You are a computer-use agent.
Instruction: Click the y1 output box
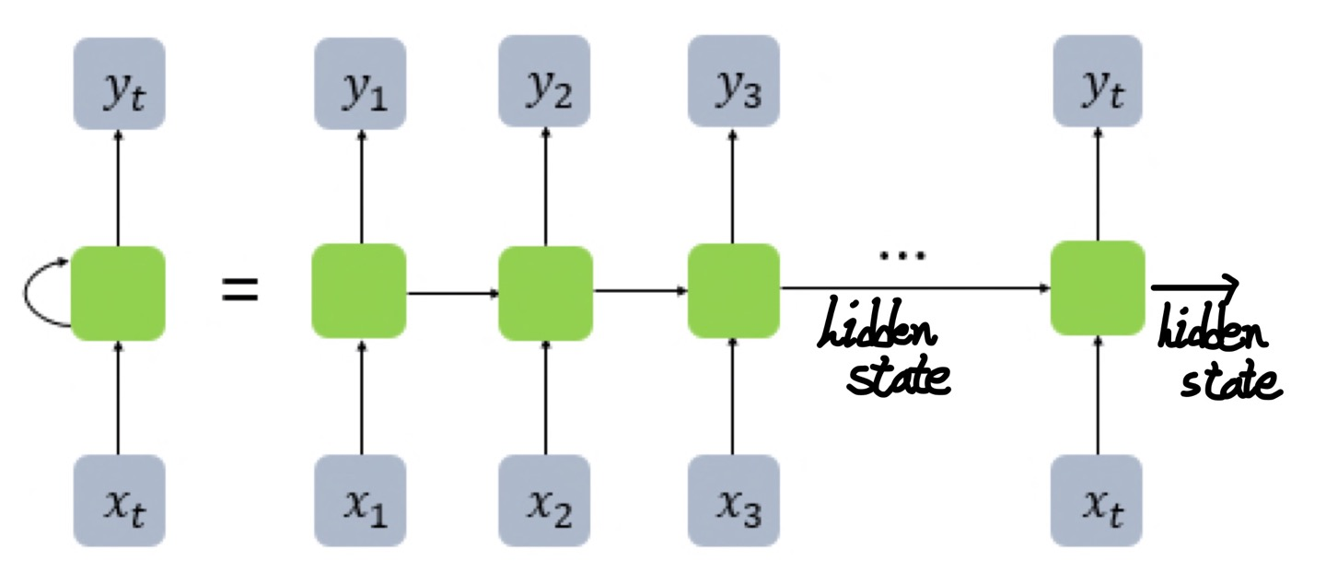pyautogui.click(x=360, y=83)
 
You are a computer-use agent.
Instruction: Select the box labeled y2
pyautogui.click(x=546, y=83)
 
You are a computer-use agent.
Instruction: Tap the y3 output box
pyautogui.click(x=733, y=83)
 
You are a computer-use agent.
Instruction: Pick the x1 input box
pyautogui.click(x=360, y=501)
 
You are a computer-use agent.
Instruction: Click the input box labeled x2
pyautogui.click(x=546, y=501)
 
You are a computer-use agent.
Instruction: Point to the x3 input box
pyautogui.click(x=733, y=501)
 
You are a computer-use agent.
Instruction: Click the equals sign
pyautogui.click(x=239, y=292)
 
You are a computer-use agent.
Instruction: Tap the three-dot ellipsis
pyautogui.click(x=893, y=255)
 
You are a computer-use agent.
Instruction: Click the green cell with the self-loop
pyautogui.click(x=118, y=292)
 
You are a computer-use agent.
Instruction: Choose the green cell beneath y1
pyautogui.click(x=359, y=292)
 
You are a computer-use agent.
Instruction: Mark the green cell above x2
pyautogui.click(x=546, y=292)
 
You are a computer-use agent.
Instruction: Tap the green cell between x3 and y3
pyautogui.click(x=734, y=290)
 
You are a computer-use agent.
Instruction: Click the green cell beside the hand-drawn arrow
pyautogui.click(x=1098, y=287)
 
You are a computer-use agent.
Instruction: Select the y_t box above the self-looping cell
pyautogui.click(x=120, y=83)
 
